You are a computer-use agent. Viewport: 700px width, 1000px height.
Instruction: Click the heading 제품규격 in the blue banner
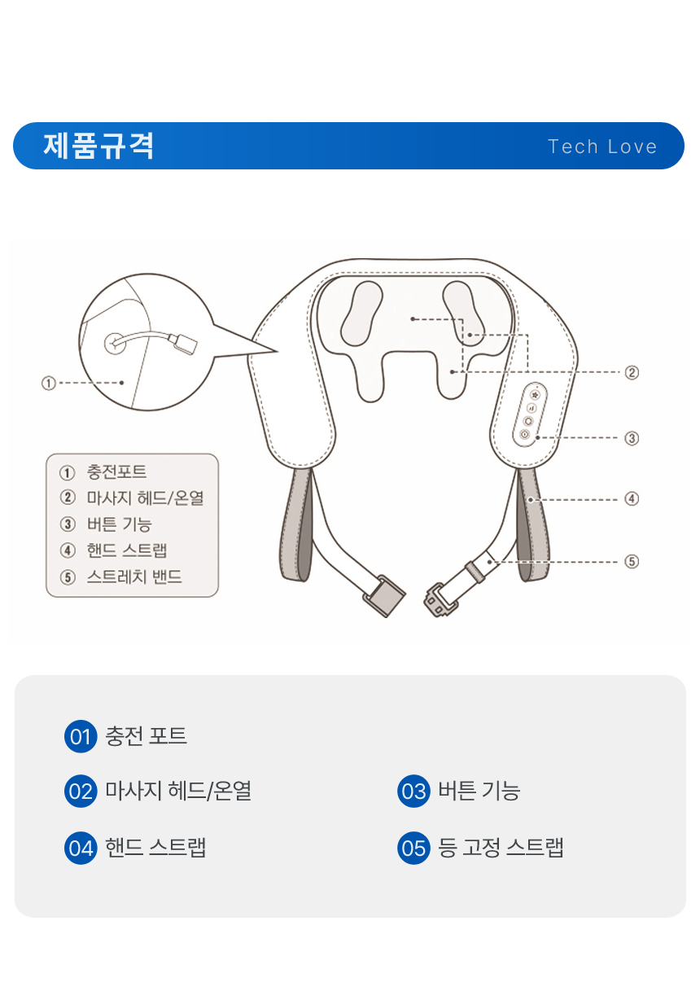click(x=98, y=146)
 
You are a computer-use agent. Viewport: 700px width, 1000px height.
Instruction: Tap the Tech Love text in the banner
click(x=602, y=147)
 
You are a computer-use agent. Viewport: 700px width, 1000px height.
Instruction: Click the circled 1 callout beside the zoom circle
click(x=49, y=383)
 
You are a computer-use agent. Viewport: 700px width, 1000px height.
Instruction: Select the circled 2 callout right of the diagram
click(x=632, y=372)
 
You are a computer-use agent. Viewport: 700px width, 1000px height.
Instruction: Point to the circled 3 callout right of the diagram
click(x=632, y=438)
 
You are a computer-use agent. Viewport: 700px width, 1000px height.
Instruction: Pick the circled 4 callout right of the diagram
click(x=632, y=498)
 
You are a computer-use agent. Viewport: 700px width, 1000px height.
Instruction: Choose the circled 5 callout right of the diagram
click(x=632, y=562)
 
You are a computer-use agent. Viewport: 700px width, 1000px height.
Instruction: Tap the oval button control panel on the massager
click(x=530, y=414)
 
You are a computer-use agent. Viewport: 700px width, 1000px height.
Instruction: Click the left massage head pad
click(x=362, y=314)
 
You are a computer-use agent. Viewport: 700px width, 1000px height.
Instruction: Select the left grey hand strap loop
click(x=296, y=524)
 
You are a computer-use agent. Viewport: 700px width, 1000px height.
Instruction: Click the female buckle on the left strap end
click(x=383, y=596)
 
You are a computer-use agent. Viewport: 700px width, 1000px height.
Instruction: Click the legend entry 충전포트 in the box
click(x=116, y=471)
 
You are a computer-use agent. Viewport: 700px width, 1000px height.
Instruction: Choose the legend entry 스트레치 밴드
click(x=134, y=577)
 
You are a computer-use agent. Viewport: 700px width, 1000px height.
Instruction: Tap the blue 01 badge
click(x=81, y=736)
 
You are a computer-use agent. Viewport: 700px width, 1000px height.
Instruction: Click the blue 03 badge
click(x=413, y=791)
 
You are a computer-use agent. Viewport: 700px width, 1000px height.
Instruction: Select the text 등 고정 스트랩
click(x=501, y=848)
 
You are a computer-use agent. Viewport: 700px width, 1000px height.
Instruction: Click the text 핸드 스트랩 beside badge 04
click(x=155, y=848)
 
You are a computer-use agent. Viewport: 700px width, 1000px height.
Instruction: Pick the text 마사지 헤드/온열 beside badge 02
click(x=178, y=791)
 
